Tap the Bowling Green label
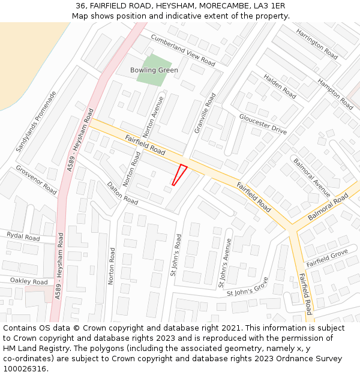(154, 70)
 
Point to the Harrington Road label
(317, 43)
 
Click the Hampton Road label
(335, 94)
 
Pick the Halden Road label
(280, 87)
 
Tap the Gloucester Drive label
(263, 124)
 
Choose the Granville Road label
(205, 113)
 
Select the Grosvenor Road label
(37, 180)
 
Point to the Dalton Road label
(122, 193)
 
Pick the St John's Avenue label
(223, 261)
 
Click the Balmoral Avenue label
(311, 178)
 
